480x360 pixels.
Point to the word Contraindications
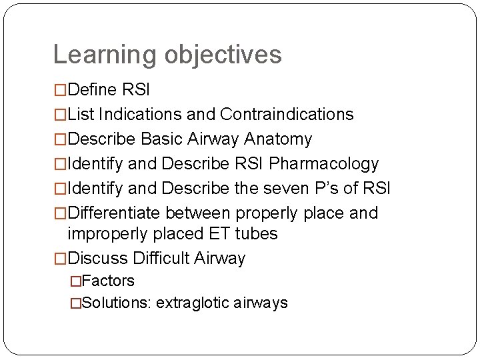click(x=287, y=115)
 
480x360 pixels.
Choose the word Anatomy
click(x=278, y=139)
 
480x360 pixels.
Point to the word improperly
click(x=110, y=234)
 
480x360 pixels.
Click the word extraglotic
click(x=194, y=303)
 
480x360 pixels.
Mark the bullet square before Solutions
click(x=76, y=303)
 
